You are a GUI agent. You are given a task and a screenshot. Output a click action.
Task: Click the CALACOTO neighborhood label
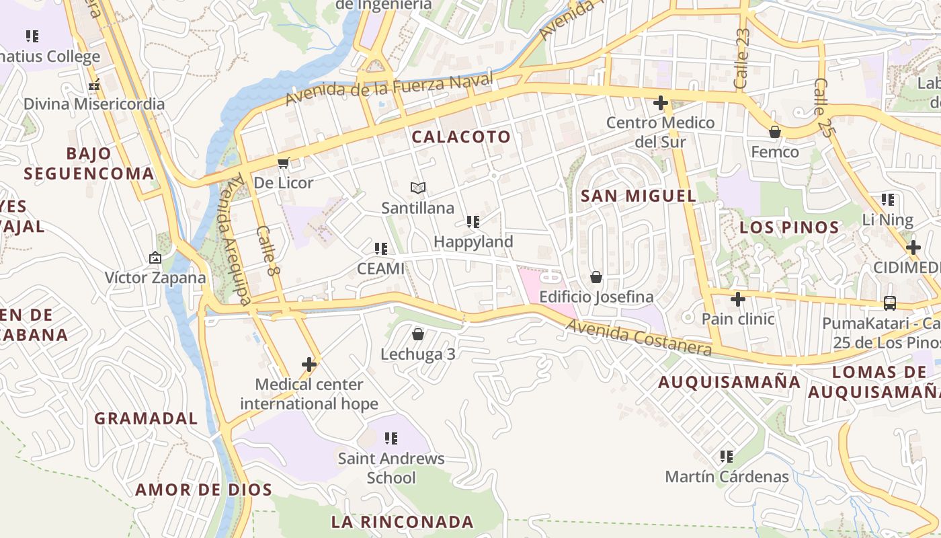461,137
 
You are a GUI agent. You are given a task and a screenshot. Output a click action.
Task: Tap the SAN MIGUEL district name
638,196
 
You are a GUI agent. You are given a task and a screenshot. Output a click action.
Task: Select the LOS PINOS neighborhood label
789,227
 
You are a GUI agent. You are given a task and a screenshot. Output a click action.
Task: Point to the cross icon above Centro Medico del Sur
661,103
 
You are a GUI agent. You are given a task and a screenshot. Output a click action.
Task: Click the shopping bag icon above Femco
775,132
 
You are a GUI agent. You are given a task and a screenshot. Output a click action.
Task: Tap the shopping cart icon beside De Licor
284,163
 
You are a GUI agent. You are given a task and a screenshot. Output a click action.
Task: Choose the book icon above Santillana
418,188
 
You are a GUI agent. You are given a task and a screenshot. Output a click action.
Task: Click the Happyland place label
473,241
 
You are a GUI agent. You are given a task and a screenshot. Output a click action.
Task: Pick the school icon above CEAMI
381,249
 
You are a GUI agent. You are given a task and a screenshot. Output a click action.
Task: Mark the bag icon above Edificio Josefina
596,277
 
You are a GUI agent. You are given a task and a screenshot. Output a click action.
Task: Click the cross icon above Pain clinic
738,299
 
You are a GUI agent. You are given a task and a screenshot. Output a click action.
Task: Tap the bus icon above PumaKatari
890,303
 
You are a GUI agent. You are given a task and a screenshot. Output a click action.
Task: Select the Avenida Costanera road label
638,337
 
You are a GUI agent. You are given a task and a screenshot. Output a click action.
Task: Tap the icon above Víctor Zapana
155,258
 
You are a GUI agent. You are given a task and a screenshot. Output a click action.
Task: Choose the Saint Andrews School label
391,468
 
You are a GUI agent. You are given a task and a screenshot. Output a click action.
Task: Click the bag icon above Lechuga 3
418,334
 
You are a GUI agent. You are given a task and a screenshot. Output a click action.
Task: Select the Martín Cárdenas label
727,477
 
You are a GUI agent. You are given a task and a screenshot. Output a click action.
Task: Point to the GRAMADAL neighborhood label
146,418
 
